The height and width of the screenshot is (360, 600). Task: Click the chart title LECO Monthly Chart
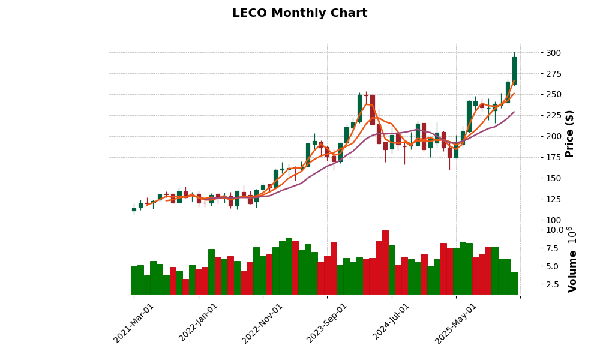299,13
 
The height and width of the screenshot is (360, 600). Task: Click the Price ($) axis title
570,133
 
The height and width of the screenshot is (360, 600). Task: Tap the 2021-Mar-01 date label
134,323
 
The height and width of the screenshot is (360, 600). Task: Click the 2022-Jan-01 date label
199,323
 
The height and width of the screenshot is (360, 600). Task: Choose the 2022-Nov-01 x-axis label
262,323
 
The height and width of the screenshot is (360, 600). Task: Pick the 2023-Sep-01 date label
327,323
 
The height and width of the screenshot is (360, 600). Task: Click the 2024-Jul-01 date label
391,323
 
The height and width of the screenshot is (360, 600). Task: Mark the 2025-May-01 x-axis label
456,323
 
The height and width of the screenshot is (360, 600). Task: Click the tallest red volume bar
385,262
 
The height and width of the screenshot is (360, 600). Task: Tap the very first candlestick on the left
134,209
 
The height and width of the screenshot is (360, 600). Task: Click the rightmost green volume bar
514,283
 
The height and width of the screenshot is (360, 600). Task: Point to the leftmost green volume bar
134,280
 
